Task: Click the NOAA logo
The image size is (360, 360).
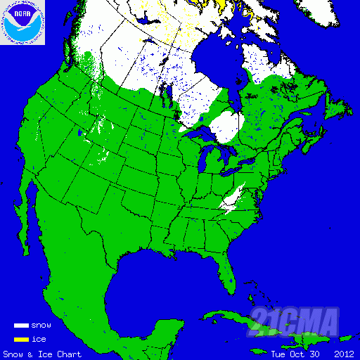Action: click(x=22, y=22)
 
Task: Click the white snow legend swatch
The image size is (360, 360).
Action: click(x=21, y=326)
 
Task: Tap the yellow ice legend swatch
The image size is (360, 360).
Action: click(x=21, y=340)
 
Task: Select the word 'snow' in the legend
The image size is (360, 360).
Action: click(x=41, y=326)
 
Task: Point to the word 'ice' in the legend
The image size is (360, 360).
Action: click(x=39, y=340)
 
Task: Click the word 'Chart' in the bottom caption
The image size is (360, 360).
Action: click(x=70, y=354)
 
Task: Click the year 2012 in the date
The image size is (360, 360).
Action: click(x=345, y=354)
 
